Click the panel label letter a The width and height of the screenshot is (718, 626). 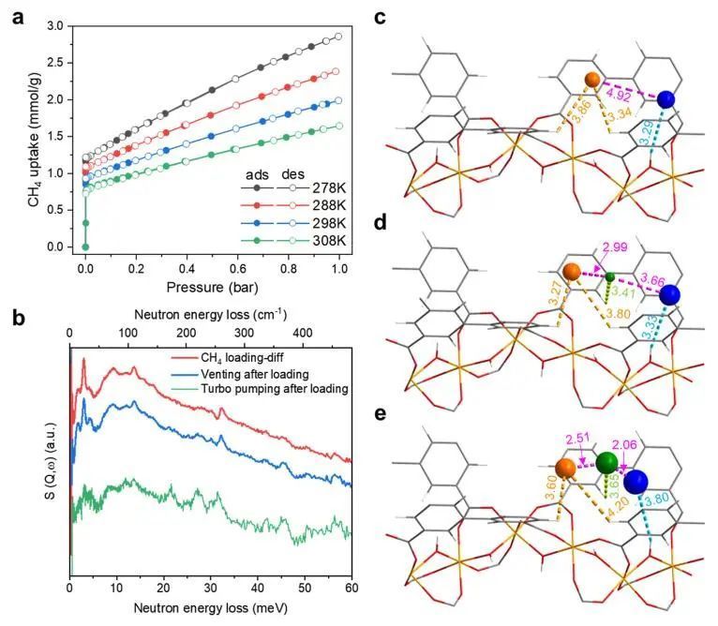17,16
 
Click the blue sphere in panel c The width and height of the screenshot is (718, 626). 666,99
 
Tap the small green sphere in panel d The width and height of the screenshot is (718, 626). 610,277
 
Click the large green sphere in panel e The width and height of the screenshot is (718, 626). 606,461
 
